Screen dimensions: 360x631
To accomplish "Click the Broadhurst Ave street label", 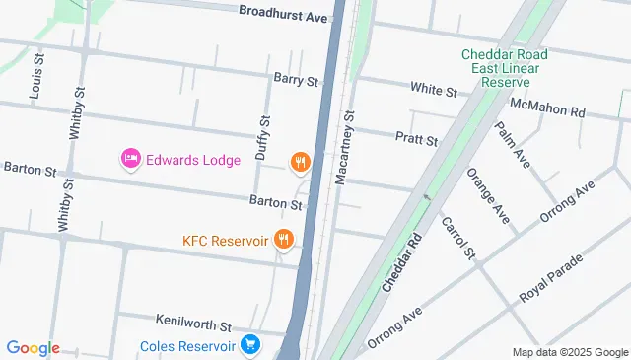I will pyautogui.click(x=282, y=16).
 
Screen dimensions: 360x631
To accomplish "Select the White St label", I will pyautogui.click(x=434, y=90).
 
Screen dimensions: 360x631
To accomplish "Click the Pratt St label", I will pyautogui.click(x=416, y=140).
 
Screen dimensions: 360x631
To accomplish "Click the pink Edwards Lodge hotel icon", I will pyautogui.click(x=130, y=158).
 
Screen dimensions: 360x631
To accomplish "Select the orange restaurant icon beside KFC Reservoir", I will pyautogui.click(x=285, y=239).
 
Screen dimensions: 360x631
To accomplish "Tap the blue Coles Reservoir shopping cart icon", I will pyautogui.click(x=251, y=345).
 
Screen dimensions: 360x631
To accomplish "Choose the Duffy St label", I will pyautogui.click(x=263, y=138).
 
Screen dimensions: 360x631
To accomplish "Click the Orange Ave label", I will pyautogui.click(x=488, y=196).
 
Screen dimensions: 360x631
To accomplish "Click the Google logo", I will pyautogui.click(x=33, y=347).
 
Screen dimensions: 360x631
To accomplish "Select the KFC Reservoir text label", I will pyautogui.click(x=226, y=240).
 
